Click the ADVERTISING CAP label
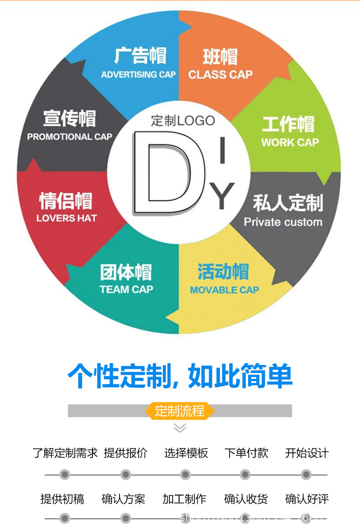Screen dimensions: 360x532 tap(138, 75)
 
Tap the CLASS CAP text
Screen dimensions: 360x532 tap(220, 75)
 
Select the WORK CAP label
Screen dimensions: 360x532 tap(290, 142)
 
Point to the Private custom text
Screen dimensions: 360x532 tap(283, 222)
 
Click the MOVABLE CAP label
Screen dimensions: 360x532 tap(224, 290)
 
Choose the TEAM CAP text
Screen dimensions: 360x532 tap(126, 289)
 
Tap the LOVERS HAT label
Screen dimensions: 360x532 tap(67, 218)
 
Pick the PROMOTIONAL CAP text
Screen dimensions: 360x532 tap(70, 137)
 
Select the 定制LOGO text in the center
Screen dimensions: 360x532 tap(183, 121)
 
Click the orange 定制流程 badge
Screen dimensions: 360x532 tap(180, 411)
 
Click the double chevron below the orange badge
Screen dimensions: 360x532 tap(180, 428)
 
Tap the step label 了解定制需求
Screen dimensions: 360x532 tap(65, 453)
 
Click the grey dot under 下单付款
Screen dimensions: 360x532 tap(246, 475)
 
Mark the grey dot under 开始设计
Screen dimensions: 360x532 tap(306, 475)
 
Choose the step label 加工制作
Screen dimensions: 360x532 tap(185, 499)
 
